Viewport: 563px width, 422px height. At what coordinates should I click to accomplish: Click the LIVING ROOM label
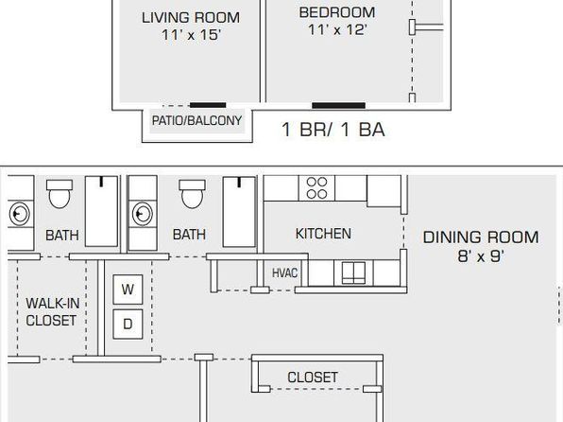191,18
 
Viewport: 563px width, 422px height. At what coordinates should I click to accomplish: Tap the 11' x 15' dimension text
191,35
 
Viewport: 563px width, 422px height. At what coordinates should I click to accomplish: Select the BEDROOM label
337,12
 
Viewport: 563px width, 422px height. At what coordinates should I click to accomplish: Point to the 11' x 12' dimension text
337,30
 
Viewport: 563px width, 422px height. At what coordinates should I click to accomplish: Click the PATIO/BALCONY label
196,120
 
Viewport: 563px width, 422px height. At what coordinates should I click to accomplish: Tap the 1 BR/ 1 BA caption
333,130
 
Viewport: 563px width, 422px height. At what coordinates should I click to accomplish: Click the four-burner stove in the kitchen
316,188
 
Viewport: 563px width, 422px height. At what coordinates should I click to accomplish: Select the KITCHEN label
323,234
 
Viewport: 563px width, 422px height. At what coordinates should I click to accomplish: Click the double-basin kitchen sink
353,273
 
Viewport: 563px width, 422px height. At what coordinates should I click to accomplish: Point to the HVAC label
284,273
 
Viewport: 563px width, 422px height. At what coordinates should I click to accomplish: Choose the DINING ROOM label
481,237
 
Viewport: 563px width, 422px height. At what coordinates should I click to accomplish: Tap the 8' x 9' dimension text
481,256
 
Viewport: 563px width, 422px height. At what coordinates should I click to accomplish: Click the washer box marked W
128,290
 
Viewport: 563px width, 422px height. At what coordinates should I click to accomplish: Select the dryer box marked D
128,324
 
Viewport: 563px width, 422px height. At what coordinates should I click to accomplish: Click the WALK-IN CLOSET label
52,312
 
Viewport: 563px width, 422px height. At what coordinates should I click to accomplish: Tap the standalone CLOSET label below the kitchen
313,378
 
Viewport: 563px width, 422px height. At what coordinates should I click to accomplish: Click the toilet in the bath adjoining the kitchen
192,194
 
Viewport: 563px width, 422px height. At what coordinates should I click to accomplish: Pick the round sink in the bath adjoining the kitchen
143,214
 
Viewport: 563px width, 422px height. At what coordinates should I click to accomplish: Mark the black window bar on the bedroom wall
338,105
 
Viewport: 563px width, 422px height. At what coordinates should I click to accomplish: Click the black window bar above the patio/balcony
208,105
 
